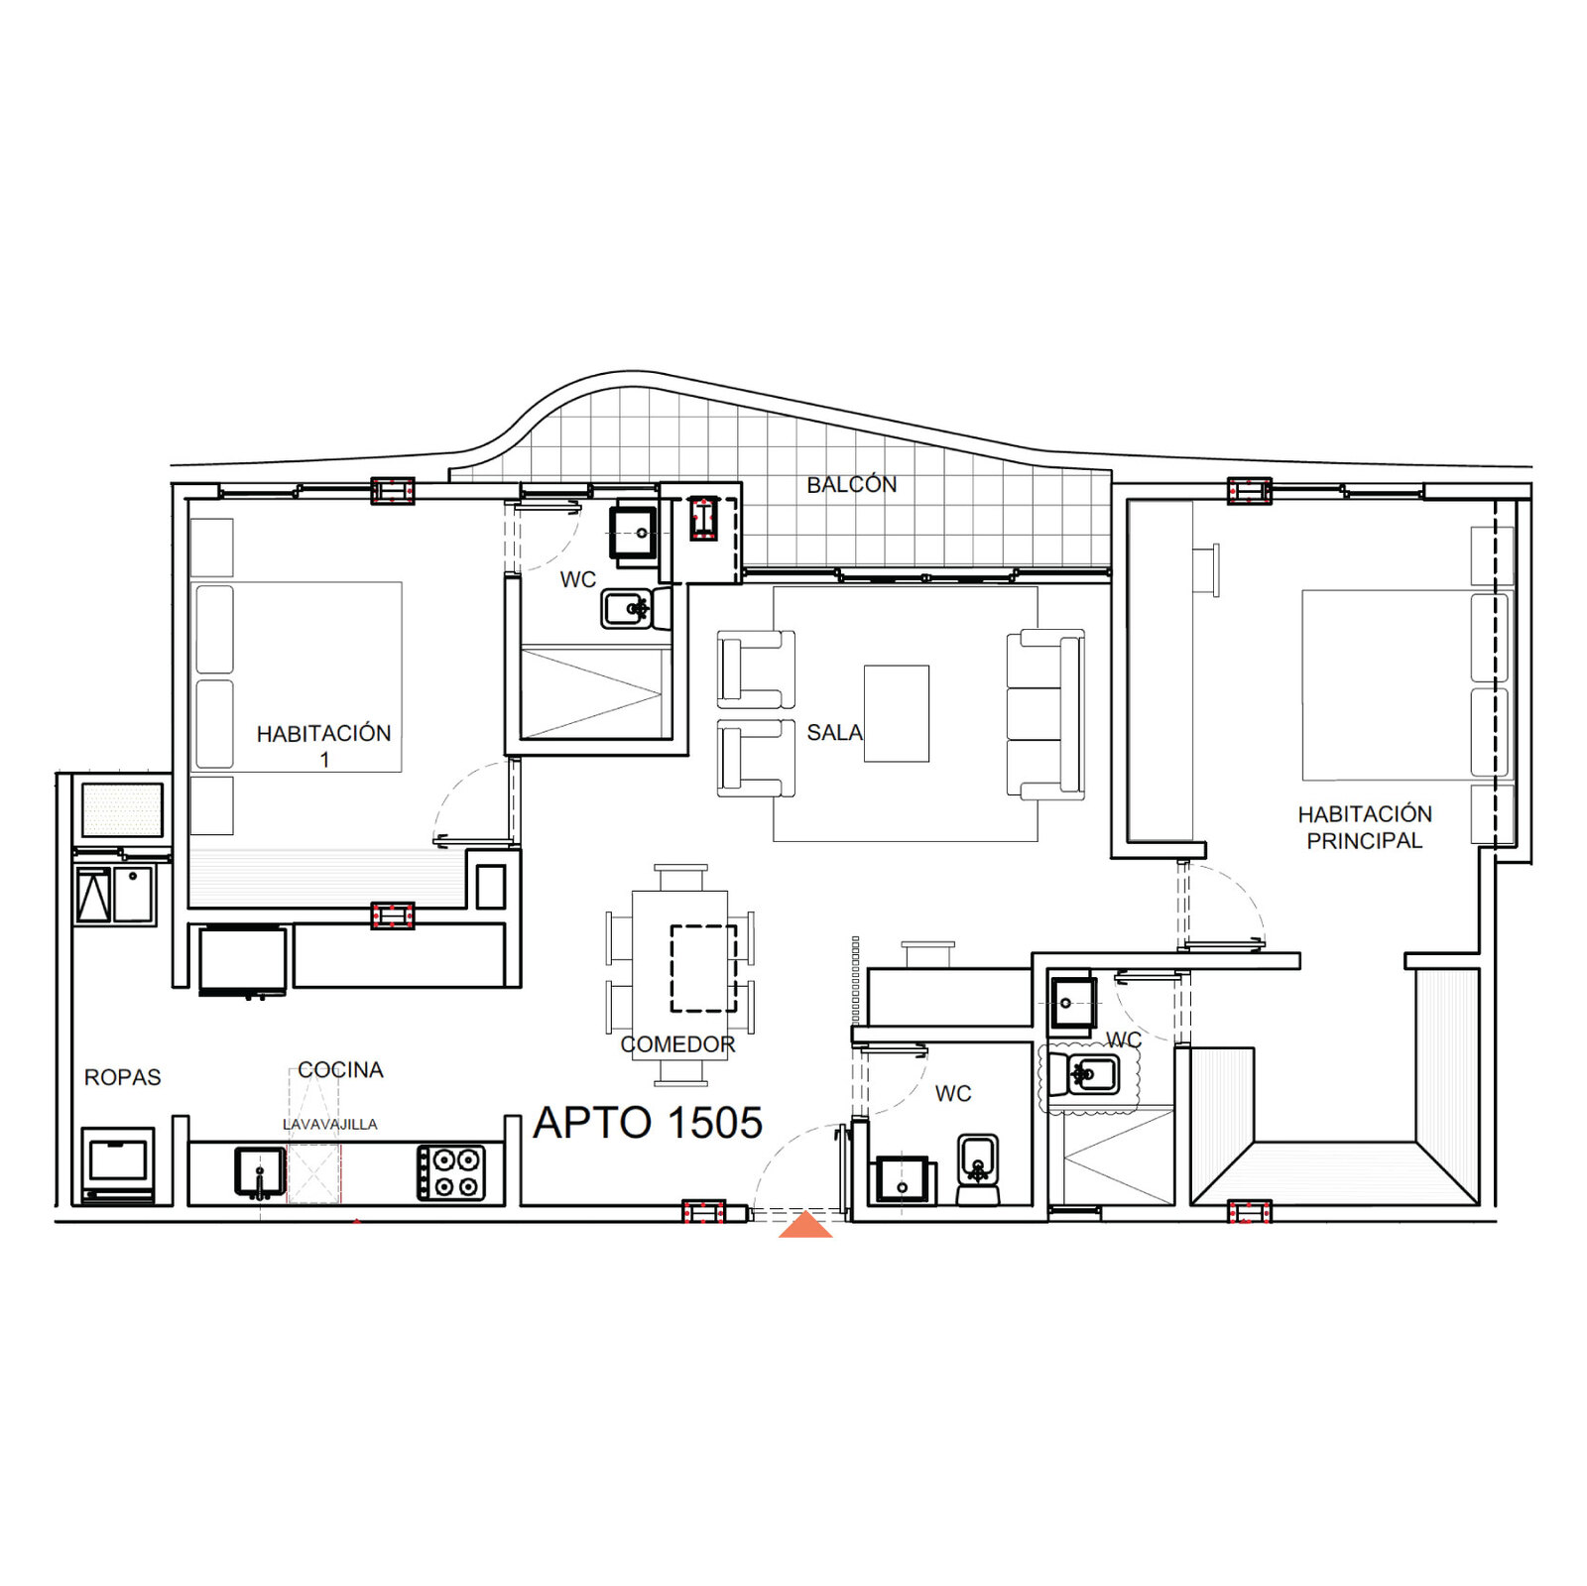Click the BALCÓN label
pos(851,484)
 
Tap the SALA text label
pos(834,733)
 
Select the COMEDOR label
pos(678,1044)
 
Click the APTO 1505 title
pos(648,1123)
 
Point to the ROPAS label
pos(123,1077)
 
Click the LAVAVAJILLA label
pos(330,1124)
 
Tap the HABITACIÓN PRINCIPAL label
pos(1365,827)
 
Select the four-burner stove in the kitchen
pos(451,1172)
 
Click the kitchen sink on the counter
pos(260,1171)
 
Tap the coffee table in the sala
pos(897,713)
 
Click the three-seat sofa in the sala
pos(1045,714)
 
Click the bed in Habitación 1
pos(299,676)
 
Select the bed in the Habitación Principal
pos(1406,685)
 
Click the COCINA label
pos(340,1070)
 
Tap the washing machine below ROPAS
pos(118,1163)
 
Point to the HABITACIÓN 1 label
pos(324,746)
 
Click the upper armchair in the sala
pos(756,669)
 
